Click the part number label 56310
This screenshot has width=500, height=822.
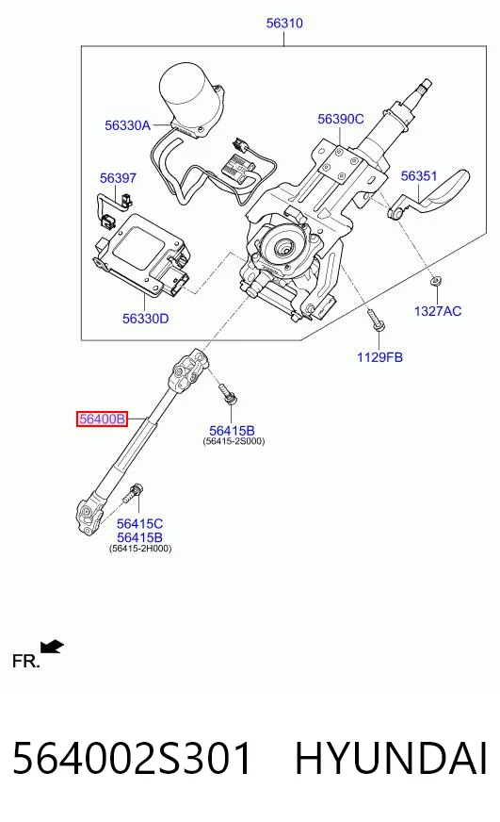(x=284, y=23)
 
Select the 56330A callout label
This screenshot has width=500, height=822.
(x=127, y=125)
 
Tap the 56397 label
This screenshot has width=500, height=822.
(x=118, y=178)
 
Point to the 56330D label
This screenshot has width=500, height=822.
(x=146, y=319)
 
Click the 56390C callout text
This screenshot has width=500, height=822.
(x=340, y=119)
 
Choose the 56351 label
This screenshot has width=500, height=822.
(x=419, y=176)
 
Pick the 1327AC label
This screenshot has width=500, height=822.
(x=438, y=311)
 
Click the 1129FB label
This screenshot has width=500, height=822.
(x=379, y=357)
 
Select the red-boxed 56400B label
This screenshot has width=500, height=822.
(x=102, y=419)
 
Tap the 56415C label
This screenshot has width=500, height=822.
(x=139, y=524)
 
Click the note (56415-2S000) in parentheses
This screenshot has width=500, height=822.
(x=234, y=441)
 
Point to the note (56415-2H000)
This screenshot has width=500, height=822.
(x=140, y=549)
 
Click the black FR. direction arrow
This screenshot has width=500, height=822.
(x=52, y=647)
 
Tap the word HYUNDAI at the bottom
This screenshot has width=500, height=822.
(x=391, y=759)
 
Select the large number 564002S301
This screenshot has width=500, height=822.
(x=132, y=759)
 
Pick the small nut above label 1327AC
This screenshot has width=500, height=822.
(x=434, y=282)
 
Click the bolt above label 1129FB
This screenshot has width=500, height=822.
(x=376, y=321)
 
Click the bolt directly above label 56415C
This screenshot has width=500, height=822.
(x=134, y=493)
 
